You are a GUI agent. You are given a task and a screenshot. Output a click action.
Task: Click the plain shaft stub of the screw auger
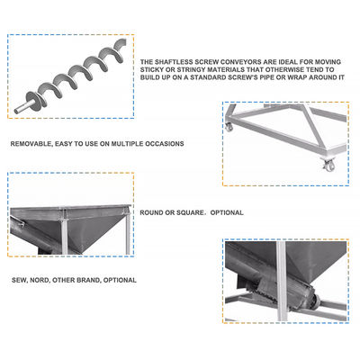point(21,108)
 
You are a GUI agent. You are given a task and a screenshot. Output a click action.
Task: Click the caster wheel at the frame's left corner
point(229,127)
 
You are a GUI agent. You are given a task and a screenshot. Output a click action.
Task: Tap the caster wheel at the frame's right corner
point(328,165)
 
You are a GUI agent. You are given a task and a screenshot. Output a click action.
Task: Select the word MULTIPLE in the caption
point(127,144)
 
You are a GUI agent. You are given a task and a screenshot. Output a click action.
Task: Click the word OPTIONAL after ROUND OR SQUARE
point(227,212)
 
